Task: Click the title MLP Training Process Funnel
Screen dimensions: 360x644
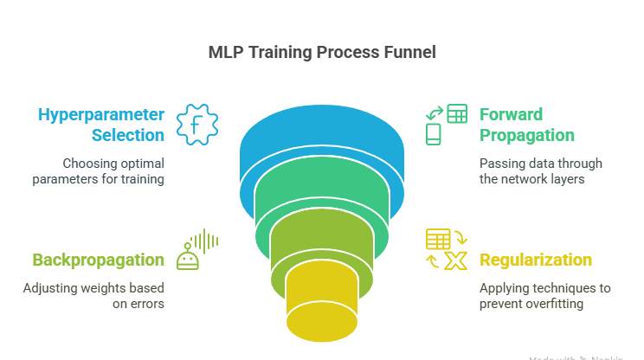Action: tap(322, 52)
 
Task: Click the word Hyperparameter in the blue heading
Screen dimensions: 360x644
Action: tap(100, 114)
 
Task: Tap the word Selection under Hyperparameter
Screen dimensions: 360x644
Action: tap(128, 135)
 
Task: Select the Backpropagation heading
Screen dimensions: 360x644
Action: tap(98, 260)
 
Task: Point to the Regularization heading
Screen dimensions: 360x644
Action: tap(536, 260)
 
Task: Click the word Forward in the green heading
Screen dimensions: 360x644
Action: tap(511, 114)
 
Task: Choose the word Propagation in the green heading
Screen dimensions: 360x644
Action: tap(526, 135)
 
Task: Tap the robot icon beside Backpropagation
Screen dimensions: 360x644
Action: tap(189, 256)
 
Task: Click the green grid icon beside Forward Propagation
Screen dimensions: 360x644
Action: tap(457, 113)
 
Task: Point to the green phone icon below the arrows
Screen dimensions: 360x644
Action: tap(435, 134)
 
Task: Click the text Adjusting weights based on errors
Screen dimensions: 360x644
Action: tap(94, 295)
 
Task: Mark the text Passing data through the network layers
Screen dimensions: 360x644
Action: tap(540, 171)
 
